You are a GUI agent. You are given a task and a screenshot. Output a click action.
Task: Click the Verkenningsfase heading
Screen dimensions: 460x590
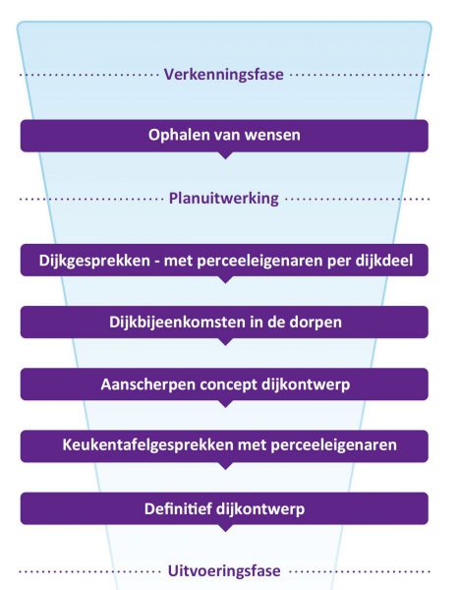224,75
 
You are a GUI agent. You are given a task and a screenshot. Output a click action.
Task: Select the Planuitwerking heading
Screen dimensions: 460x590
224,199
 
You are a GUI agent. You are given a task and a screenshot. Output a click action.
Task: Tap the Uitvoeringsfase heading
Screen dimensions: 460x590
224,570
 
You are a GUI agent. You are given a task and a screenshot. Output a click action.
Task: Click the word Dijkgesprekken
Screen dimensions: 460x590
94,261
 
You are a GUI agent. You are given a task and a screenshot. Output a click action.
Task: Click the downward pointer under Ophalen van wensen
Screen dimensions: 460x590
225,155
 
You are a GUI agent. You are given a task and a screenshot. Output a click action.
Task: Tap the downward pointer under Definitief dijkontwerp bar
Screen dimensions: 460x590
225,528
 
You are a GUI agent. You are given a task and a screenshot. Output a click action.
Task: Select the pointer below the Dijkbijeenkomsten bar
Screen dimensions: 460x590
225,341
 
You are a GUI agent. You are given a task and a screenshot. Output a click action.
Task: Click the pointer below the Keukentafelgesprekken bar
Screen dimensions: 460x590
225,466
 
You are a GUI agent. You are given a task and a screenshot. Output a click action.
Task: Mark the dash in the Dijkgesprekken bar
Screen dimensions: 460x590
157,262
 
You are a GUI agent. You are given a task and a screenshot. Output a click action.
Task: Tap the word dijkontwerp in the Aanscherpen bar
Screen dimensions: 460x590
306,384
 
